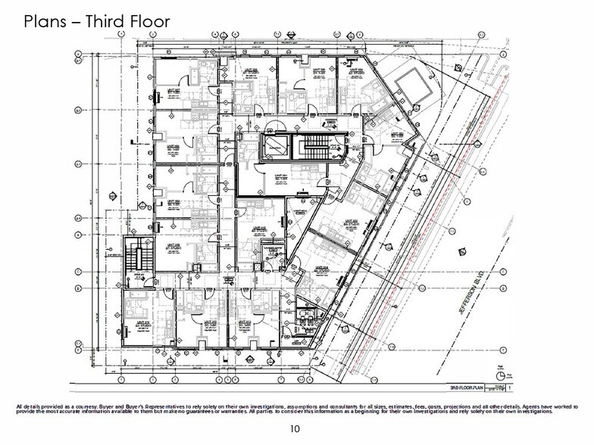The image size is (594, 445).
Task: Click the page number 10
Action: coord(296,429)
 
